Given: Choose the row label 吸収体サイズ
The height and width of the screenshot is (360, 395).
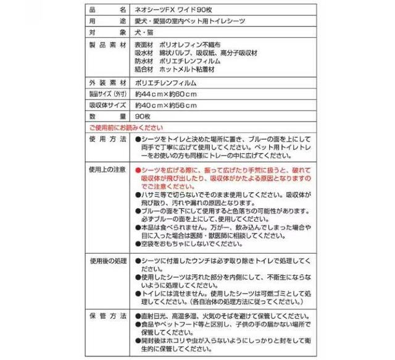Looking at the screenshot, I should [x=106, y=105].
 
